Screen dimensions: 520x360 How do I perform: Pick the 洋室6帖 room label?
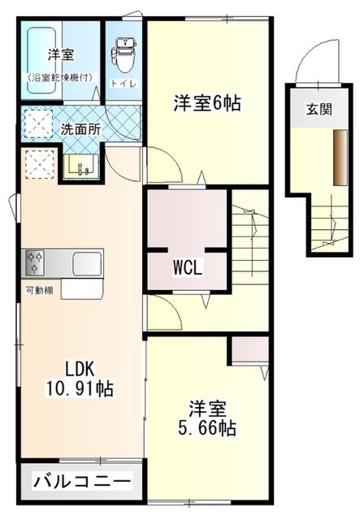tap(207, 103)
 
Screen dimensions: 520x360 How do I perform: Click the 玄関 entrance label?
tap(318, 110)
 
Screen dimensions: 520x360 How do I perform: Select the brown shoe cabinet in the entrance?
tap(336, 155)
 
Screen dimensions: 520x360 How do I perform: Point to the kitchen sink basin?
tap(86, 264)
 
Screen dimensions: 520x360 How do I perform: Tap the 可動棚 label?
tap(39, 290)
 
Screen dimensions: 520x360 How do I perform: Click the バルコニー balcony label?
tap(81, 483)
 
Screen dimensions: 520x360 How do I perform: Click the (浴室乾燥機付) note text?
tap(62, 78)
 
